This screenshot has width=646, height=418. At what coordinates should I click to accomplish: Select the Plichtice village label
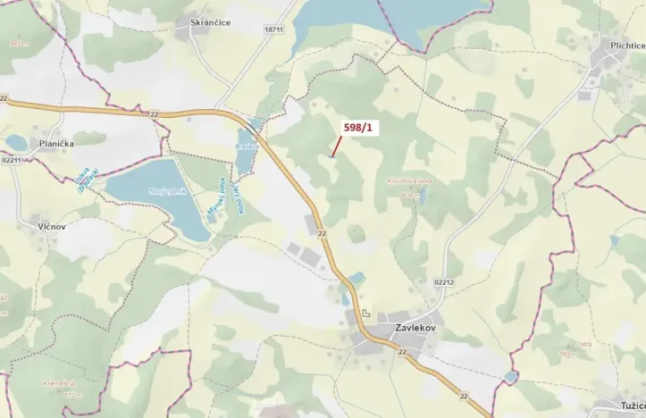pyautogui.click(x=622, y=44)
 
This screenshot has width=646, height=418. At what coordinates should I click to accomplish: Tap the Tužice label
pyautogui.click(x=626, y=405)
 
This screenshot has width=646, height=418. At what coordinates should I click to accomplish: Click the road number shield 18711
pyautogui.click(x=273, y=29)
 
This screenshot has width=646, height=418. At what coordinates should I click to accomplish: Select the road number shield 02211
pyautogui.click(x=12, y=159)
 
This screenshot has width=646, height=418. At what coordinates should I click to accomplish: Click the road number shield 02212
pyautogui.click(x=444, y=282)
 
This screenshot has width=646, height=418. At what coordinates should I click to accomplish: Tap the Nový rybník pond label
pyautogui.click(x=147, y=192)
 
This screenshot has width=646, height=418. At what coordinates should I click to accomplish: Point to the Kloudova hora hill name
pyautogui.click(x=409, y=180)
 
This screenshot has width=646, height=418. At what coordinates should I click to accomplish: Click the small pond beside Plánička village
pyautogui.click(x=15, y=142)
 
